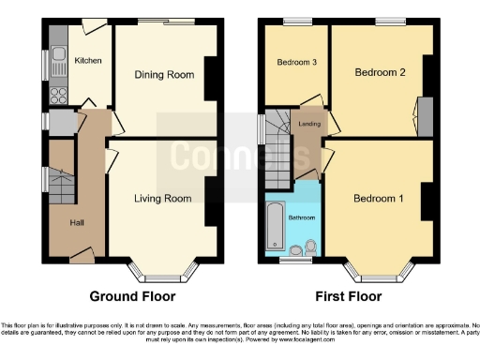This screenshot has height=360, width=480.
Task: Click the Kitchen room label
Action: tap(87, 61)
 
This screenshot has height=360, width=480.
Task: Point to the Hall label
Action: tap(78, 222)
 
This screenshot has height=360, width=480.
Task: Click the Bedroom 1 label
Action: tap(379, 198)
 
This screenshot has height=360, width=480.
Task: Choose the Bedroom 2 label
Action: tap(379, 72)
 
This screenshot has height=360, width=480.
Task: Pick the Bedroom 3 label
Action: tap(296, 63)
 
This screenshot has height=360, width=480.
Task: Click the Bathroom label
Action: tap(302, 217)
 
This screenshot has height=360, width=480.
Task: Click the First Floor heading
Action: tap(350, 296)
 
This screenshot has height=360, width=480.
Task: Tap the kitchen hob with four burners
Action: tap(57, 95)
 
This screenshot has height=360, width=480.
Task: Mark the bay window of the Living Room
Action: tap(163, 272)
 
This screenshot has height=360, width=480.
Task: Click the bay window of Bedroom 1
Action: tap(379, 272)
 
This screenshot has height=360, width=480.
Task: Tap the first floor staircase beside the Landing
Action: tap(277, 150)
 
